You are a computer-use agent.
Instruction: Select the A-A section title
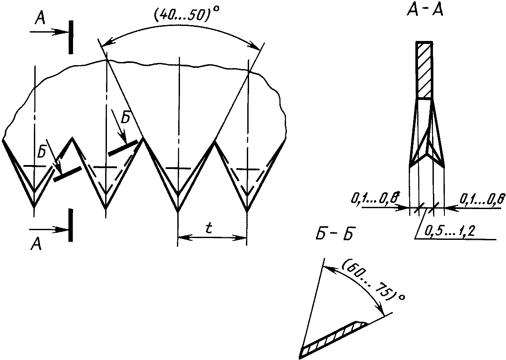[425, 11]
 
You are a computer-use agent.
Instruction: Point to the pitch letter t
[209, 228]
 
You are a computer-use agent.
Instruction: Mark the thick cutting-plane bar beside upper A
[71, 37]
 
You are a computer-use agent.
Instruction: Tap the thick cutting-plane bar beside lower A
[71, 225]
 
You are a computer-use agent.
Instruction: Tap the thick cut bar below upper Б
[123, 148]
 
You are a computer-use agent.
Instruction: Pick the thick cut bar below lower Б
[67, 174]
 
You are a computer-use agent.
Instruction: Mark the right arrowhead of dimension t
[240, 238]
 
